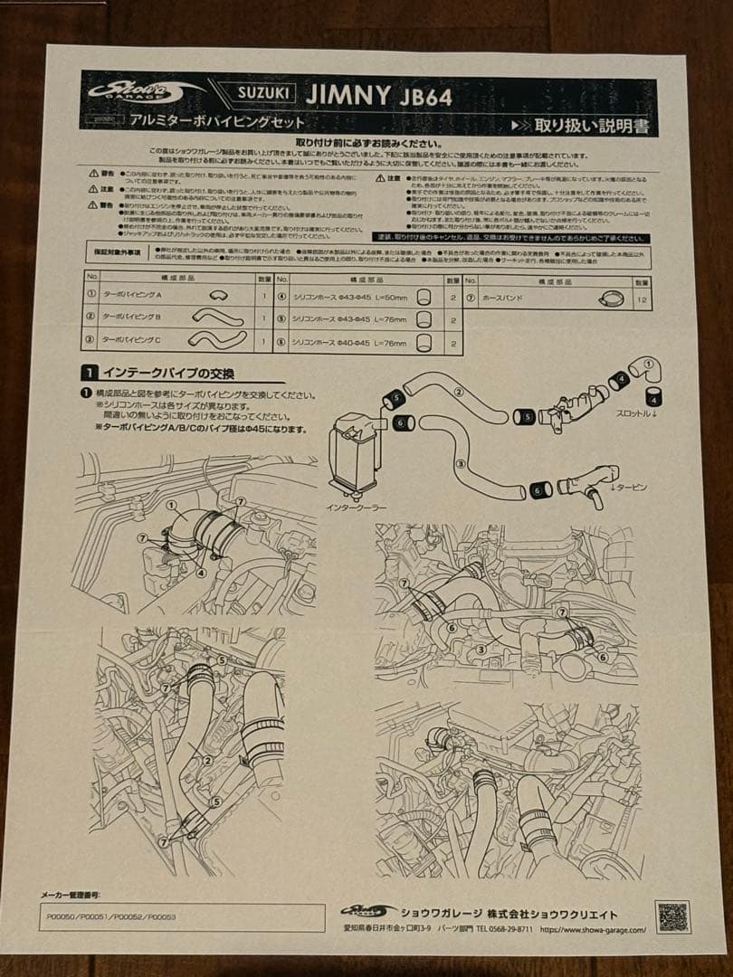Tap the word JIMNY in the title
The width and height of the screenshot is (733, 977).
click(347, 94)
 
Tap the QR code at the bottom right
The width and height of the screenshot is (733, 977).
click(672, 916)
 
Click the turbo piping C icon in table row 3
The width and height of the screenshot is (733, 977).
click(216, 338)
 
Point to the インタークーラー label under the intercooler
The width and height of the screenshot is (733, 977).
click(356, 507)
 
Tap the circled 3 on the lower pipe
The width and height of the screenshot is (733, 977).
click(460, 463)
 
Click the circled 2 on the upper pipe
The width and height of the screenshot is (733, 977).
click(457, 392)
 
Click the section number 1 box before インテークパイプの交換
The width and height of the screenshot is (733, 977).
click(89, 372)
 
